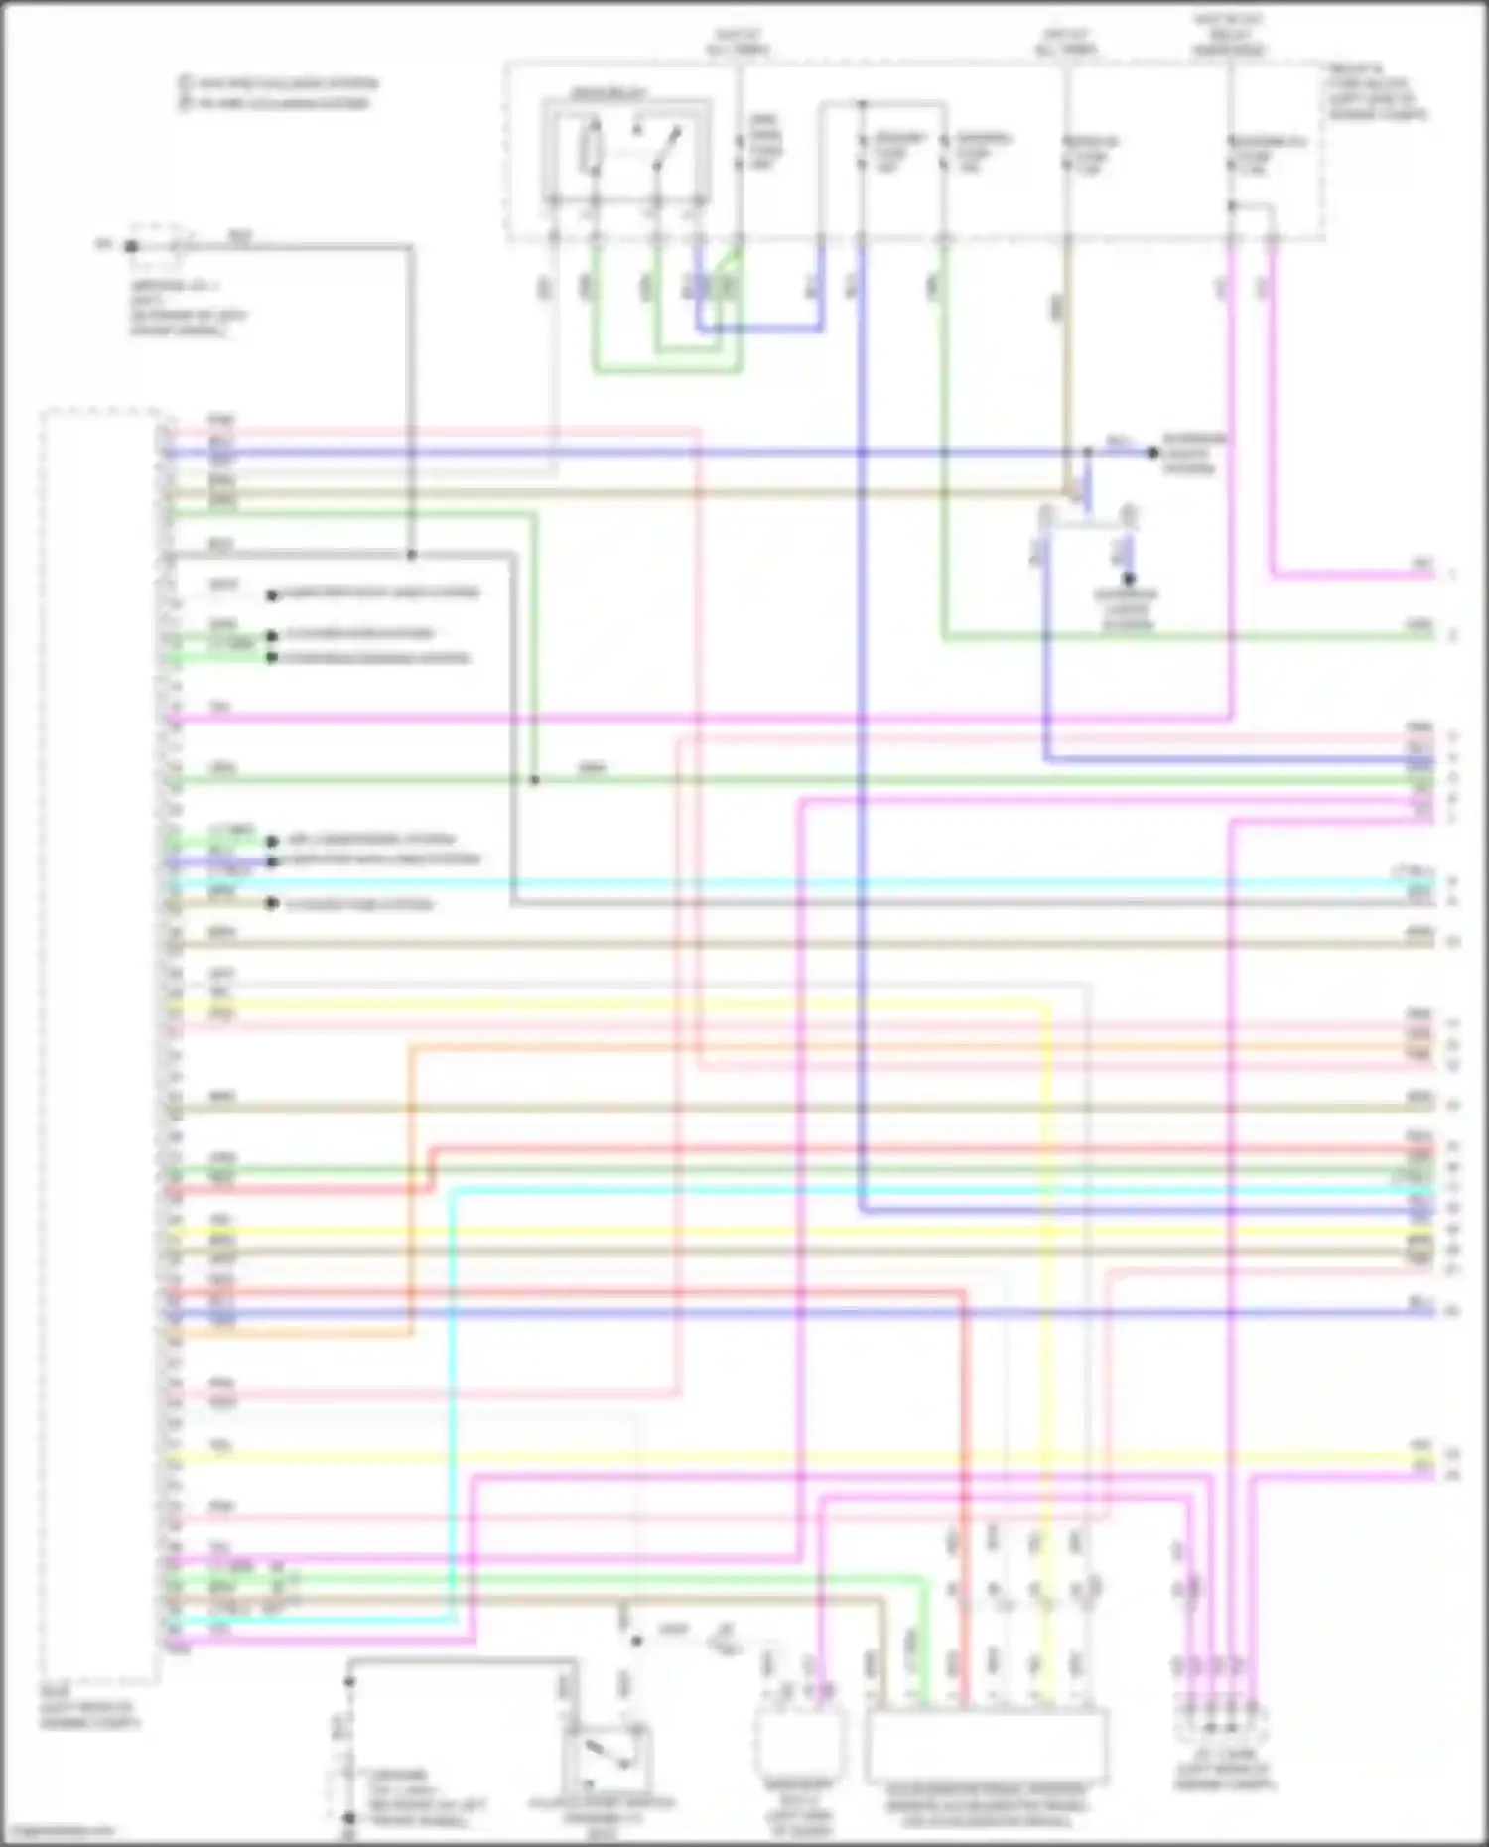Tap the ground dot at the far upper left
click(131, 245)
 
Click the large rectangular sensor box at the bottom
click(987, 1745)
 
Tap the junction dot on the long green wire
click(534, 780)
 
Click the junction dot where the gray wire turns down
click(411, 554)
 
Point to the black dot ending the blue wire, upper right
click(1152, 453)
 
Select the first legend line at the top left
click(278, 83)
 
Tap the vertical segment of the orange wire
click(411, 1191)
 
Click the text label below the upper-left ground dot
click(189, 308)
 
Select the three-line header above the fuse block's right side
click(1228, 34)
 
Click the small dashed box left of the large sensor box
click(800, 1743)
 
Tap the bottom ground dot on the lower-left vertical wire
click(348, 1818)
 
